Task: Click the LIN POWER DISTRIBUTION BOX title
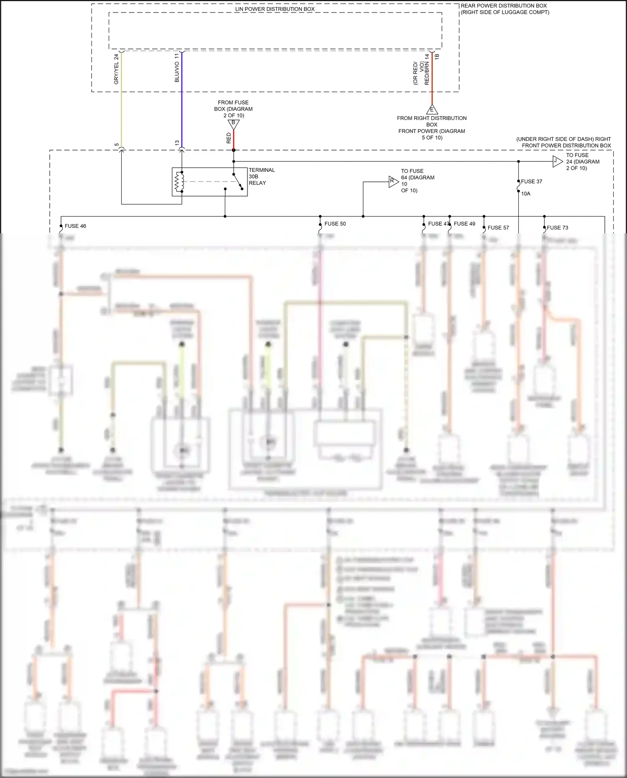click(275, 9)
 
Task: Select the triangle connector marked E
click(432, 110)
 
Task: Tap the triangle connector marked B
click(233, 124)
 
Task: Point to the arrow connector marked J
click(557, 161)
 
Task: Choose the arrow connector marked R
click(393, 181)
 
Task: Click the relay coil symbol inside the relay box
click(179, 182)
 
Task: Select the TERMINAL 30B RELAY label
click(261, 176)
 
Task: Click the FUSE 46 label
click(75, 226)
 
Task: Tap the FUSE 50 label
click(335, 224)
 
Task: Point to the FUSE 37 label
click(531, 181)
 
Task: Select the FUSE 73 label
click(557, 228)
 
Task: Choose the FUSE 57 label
click(498, 228)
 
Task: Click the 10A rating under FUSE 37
click(525, 194)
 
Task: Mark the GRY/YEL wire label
click(117, 69)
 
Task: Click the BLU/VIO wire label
click(177, 68)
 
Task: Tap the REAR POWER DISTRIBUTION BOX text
click(504, 6)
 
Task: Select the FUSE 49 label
click(464, 224)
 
